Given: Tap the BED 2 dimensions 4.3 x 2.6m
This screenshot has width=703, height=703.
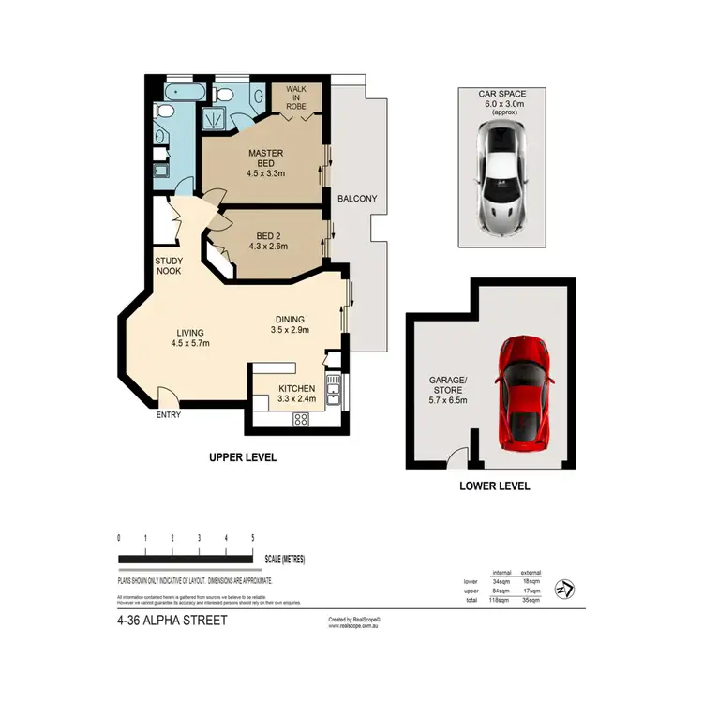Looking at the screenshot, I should pyautogui.click(x=267, y=247).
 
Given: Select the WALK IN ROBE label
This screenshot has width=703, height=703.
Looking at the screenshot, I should pyautogui.click(x=295, y=98).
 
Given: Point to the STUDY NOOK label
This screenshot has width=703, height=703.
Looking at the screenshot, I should pyautogui.click(x=169, y=266).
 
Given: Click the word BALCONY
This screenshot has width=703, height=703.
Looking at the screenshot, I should pyautogui.click(x=356, y=199).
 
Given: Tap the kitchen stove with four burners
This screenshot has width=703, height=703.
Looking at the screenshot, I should pyautogui.click(x=301, y=419).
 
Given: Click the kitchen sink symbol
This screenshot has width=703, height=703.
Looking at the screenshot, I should pyautogui.click(x=332, y=386).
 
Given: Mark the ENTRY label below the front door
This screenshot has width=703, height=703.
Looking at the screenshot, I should pyautogui.click(x=168, y=415).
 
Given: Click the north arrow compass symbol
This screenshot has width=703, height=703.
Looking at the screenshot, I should pyautogui.click(x=564, y=589).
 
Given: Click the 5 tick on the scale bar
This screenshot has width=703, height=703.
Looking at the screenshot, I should pyautogui.click(x=252, y=538).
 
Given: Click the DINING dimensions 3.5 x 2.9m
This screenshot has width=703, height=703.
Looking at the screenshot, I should pyautogui.click(x=290, y=330).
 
